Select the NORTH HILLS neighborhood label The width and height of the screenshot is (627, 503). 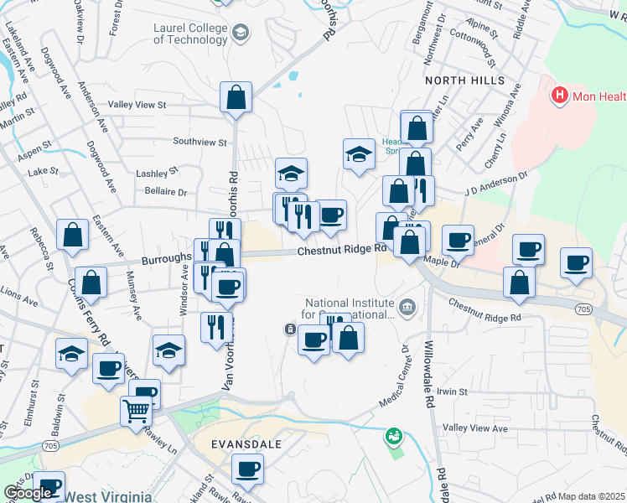coord(464,80)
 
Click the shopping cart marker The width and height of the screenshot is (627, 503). coord(135,412)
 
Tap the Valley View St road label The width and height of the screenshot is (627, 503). coord(137,105)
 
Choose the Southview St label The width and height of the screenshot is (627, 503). coord(199,142)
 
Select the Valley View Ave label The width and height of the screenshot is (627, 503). coord(475,428)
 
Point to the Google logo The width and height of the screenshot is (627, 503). coord(28,493)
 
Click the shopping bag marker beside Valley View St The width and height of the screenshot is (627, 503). coord(236,97)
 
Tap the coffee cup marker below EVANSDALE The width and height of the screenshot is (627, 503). coord(247,469)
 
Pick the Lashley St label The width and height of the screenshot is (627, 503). coord(158,172)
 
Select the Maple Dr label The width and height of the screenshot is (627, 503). coord(443,262)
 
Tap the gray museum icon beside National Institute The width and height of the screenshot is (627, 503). coord(407,307)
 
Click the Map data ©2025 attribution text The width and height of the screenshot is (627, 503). coord(592,496)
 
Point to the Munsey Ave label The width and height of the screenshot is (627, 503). coord(134,295)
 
